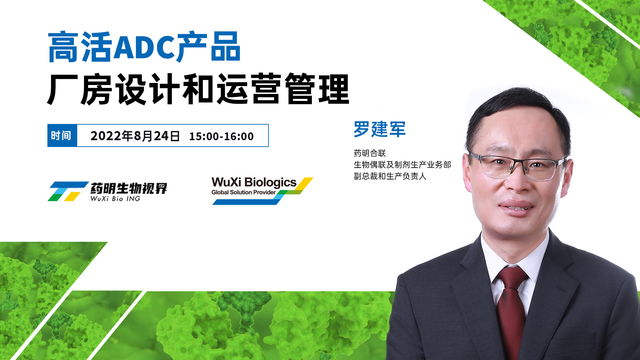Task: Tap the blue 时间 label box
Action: click(62, 135)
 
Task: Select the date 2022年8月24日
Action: click(135, 136)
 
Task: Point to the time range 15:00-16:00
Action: click(221, 136)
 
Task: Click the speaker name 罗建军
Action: click(380, 129)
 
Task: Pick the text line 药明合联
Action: click(370, 153)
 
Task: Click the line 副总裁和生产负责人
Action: click(390, 176)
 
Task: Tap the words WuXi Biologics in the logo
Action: click(254, 183)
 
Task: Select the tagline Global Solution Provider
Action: click(243, 192)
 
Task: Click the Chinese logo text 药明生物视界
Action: click(129, 188)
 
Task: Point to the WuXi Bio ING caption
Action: click(115, 198)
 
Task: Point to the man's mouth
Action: click(516, 207)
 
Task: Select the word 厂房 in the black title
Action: click(79, 89)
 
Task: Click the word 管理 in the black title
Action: click(317, 89)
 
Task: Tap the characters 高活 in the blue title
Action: click(80, 47)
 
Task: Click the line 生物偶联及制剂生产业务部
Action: click(402, 165)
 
